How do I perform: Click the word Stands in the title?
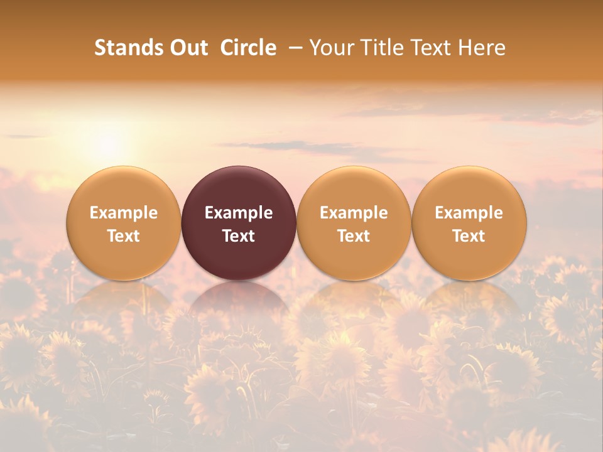pos(128,48)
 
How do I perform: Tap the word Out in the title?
pos(187,48)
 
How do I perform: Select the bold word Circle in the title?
pos(248,48)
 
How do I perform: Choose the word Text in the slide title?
pos(430,48)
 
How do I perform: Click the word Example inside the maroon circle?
pos(239,213)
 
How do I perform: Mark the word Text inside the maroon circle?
pos(239,236)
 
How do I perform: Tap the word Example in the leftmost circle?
pos(124,213)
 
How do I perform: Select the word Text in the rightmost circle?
pos(469,236)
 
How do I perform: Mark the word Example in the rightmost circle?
pos(469,213)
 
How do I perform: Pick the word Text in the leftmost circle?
pos(124,236)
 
